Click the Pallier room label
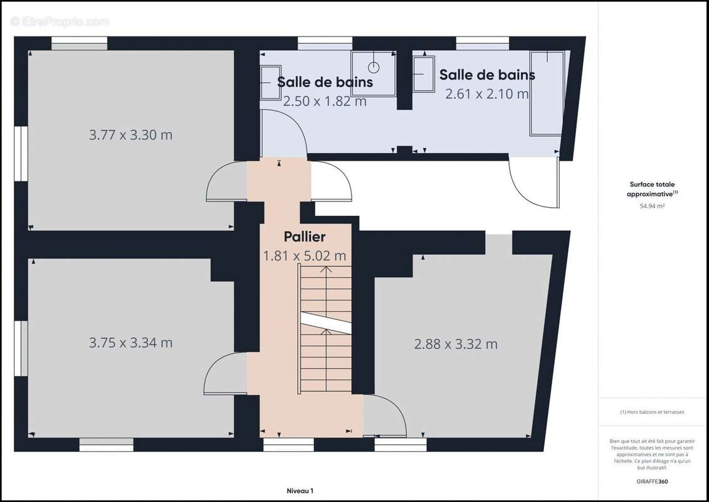coord(305,237)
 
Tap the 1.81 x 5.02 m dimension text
coord(305,256)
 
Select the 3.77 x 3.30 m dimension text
coord(130,135)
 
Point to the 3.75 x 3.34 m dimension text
coord(130,343)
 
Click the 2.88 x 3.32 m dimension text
coord(456,344)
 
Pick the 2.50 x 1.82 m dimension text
coord(325,101)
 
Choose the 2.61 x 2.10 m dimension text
coord(487,94)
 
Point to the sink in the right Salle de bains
coord(424,74)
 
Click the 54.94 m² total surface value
coord(652,206)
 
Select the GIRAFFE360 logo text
coord(652,481)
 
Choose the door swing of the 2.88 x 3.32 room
coord(384,415)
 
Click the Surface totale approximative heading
coord(652,189)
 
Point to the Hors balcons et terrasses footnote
coord(652,412)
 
